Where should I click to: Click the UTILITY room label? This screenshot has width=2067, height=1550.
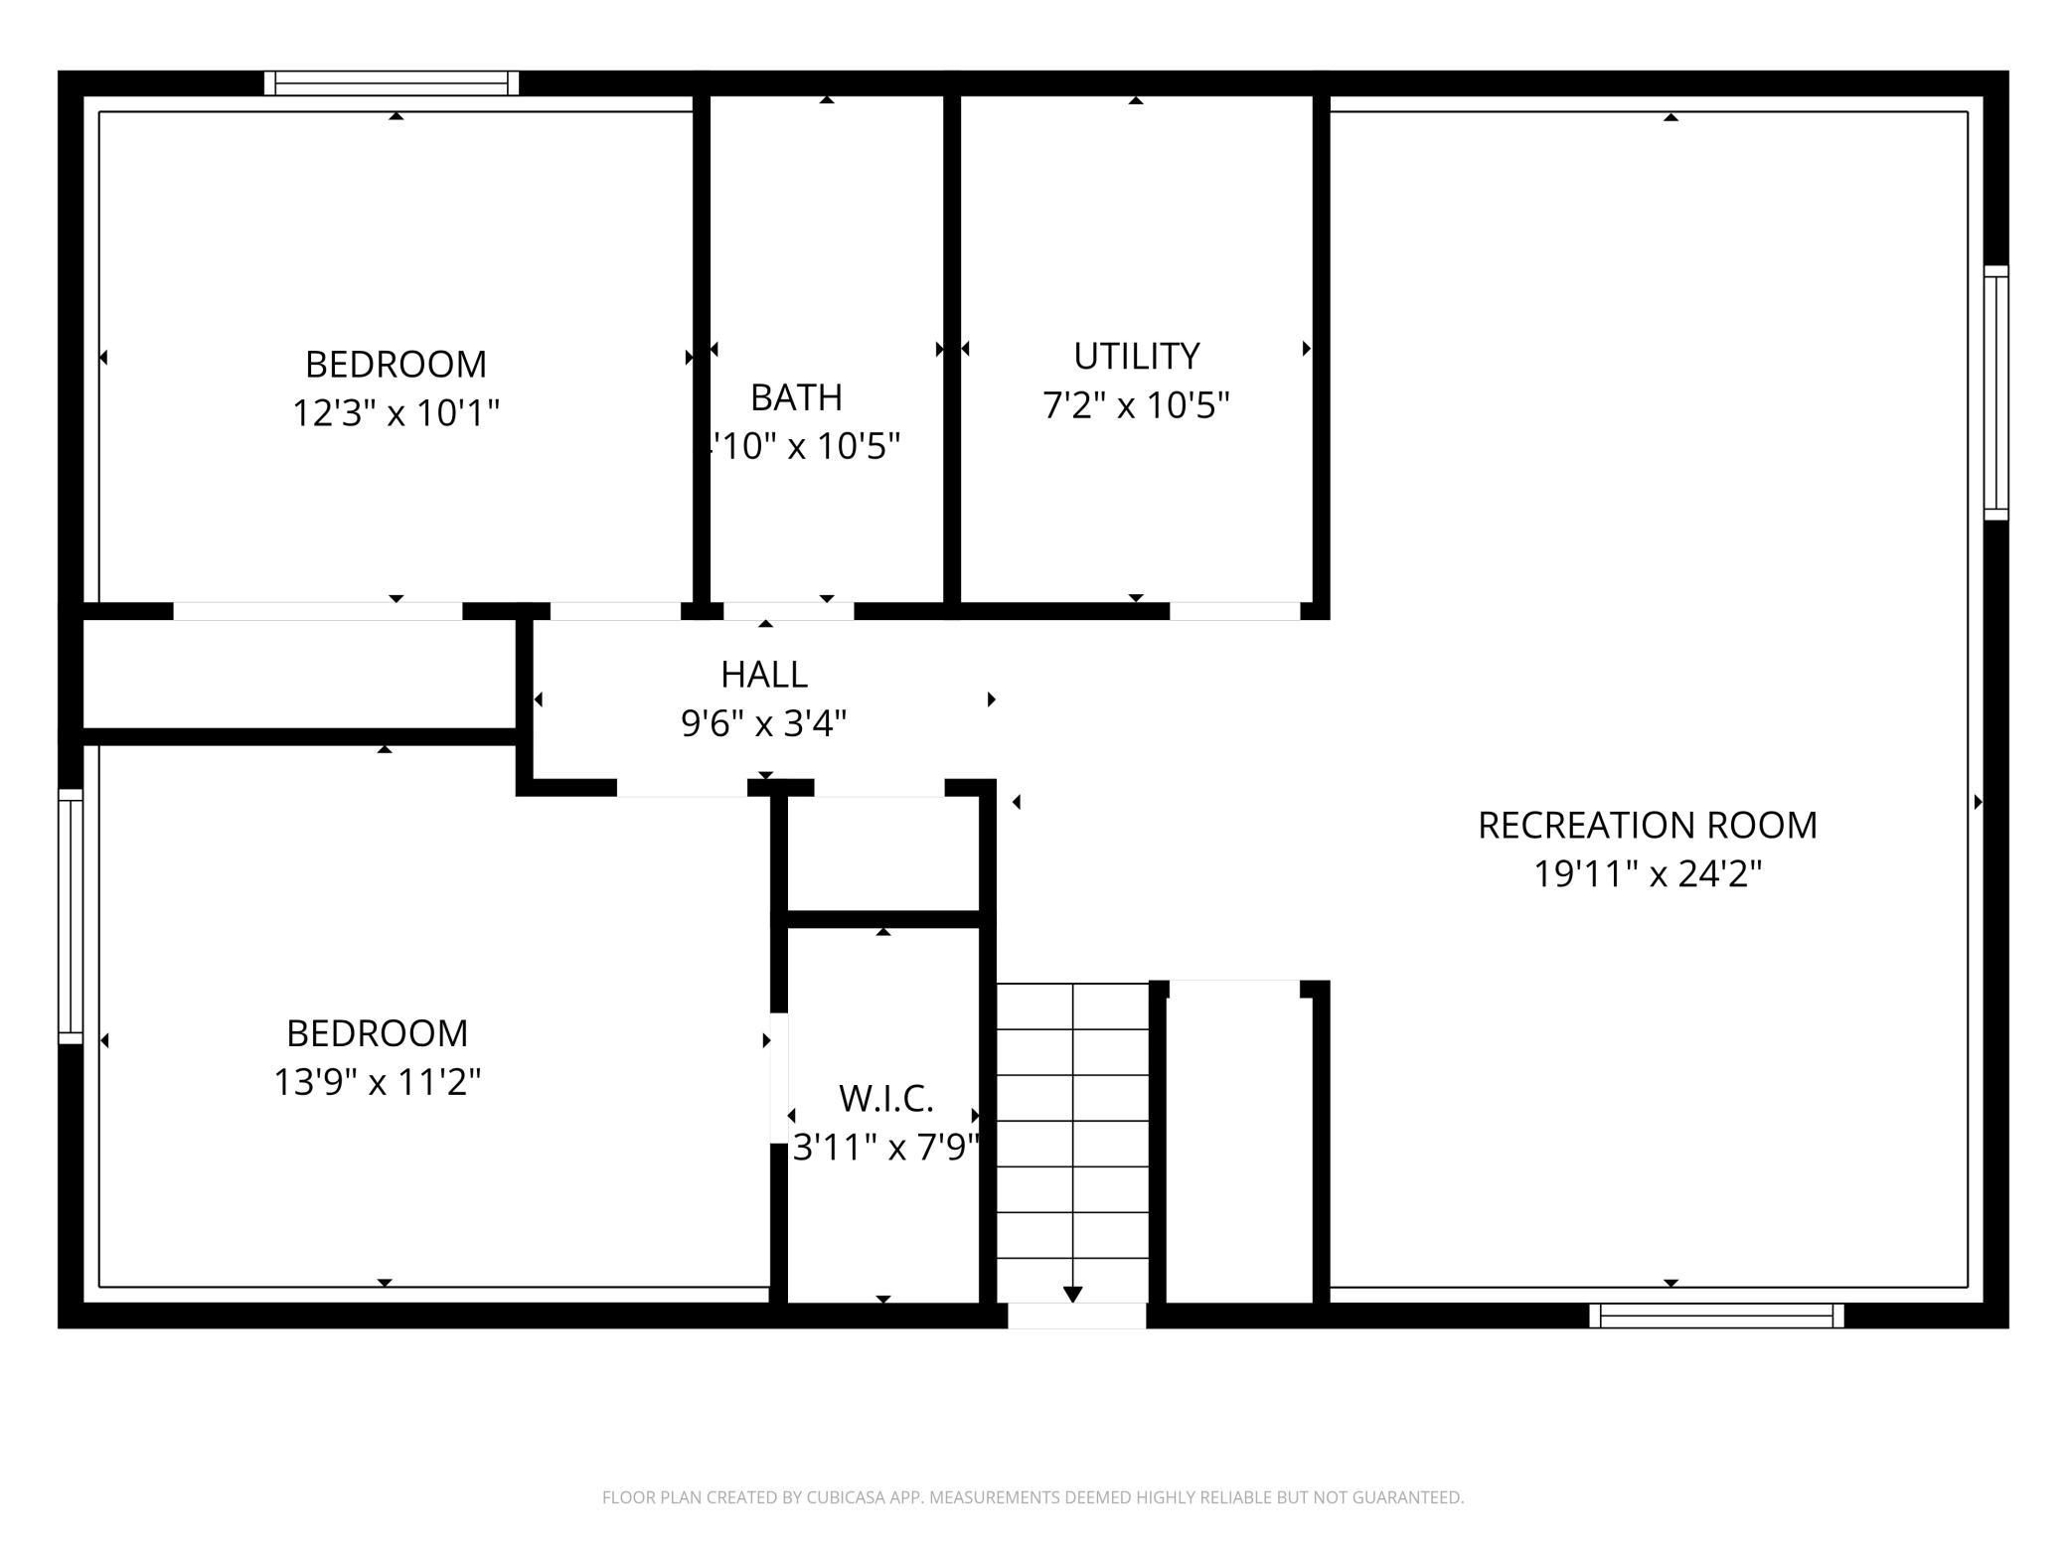pyautogui.click(x=1136, y=356)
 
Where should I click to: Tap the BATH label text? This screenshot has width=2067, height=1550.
pyautogui.click(x=796, y=397)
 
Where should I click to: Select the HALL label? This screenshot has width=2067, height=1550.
pyautogui.click(x=763, y=675)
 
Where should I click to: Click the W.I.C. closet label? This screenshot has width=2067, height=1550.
pyautogui.click(x=885, y=1099)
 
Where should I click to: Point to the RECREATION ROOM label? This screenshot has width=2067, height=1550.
pyautogui.click(x=1647, y=826)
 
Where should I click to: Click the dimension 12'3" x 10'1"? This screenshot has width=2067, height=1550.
pyautogui.click(x=396, y=412)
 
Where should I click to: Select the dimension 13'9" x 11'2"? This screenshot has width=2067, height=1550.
pyautogui.click(x=377, y=1082)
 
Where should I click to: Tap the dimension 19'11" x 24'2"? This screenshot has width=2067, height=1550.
pyautogui.click(x=1647, y=874)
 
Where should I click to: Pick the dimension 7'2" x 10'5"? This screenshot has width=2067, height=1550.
pyautogui.click(x=1136, y=405)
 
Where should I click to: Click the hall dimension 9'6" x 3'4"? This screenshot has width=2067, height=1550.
pyautogui.click(x=763, y=723)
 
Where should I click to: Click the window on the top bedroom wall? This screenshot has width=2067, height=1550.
pyautogui.click(x=392, y=83)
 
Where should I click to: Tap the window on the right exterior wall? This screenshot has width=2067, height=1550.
pyautogui.click(x=1995, y=392)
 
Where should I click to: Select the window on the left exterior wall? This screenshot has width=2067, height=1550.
pyautogui.click(x=71, y=916)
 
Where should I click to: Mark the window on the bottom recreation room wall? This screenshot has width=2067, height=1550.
pyautogui.click(x=1716, y=1316)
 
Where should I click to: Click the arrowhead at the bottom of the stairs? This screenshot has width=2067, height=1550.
pyautogui.click(x=1072, y=1294)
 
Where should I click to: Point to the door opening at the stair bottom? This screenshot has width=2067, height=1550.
pyautogui.click(x=1076, y=1316)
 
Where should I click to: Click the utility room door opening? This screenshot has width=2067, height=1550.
pyautogui.click(x=1234, y=611)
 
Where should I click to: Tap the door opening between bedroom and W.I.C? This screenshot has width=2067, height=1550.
pyautogui.click(x=779, y=1078)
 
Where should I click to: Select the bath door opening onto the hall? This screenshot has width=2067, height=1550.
pyautogui.click(x=788, y=611)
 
